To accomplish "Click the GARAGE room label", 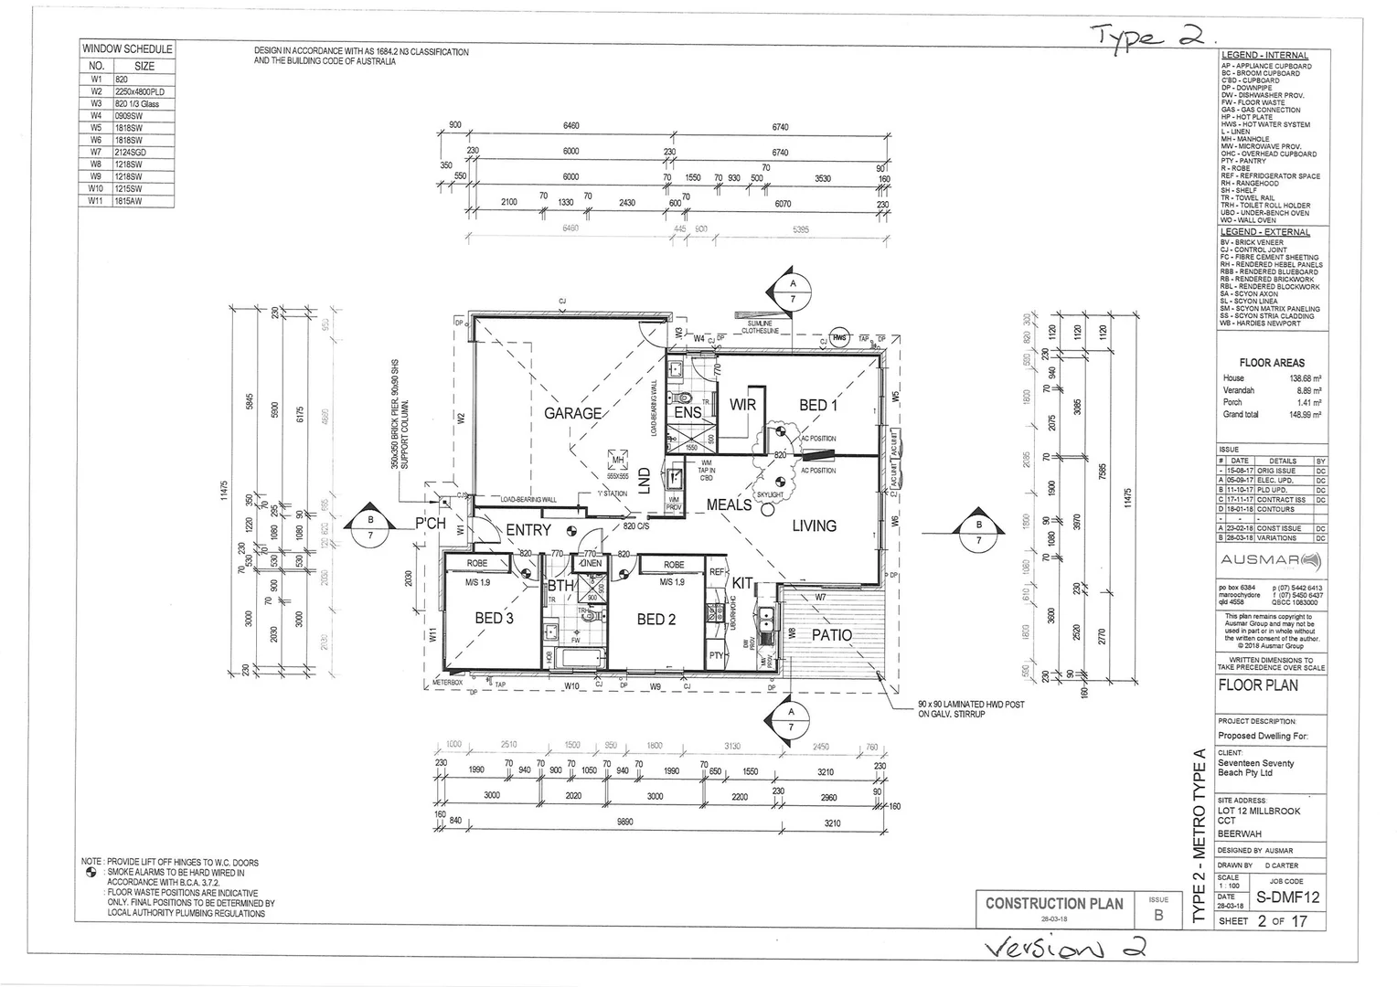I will [572, 413].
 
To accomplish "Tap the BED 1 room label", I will [817, 405].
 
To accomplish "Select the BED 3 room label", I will [494, 619].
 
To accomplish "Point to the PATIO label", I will [831, 635].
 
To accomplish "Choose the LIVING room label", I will [814, 525].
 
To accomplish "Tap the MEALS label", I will [729, 504].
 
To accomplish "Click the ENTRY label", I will [528, 530].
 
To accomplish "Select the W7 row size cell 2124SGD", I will [131, 153].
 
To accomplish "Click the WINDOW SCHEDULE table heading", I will [126, 49].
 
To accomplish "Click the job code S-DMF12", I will [1287, 897].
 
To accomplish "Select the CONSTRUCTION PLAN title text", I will [1054, 903].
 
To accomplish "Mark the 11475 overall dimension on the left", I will [224, 491].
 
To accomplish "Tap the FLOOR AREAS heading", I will [1271, 363].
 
